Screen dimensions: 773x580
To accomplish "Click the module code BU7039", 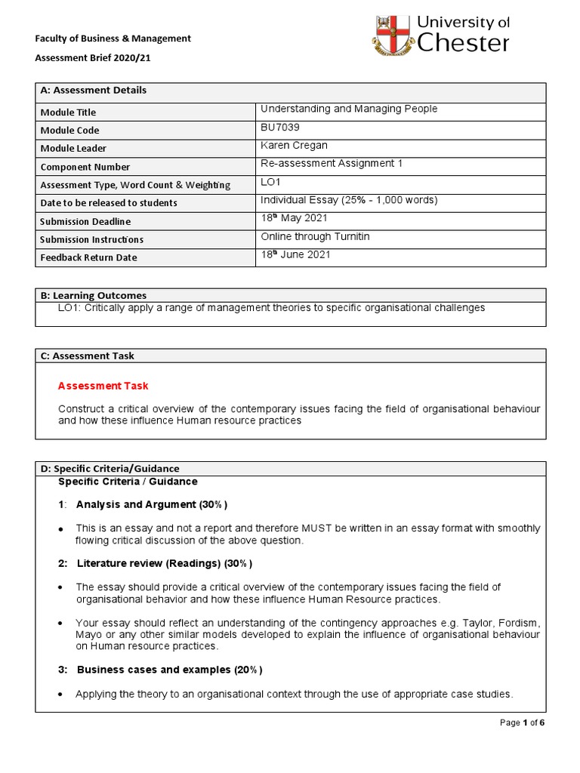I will coord(281,128).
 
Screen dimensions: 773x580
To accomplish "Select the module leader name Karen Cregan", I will coord(295,146).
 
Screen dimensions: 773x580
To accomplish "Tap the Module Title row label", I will coord(69,112).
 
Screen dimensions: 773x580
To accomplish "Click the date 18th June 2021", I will coord(295,255).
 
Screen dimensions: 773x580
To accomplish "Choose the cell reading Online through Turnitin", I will coord(315,237).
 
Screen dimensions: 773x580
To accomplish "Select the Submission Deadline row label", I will coord(85,221).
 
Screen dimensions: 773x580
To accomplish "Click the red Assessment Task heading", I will coord(103,386).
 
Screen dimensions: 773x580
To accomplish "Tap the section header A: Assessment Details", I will coord(94,91).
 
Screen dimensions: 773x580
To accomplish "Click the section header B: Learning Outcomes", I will coord(94,295).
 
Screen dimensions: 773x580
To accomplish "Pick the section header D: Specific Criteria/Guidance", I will coord(110,469).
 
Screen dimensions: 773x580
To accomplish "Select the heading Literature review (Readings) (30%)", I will coord(164,563).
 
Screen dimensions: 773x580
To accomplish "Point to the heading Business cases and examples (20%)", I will coord(169,670).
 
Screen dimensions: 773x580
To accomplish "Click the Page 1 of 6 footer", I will coord(522,722).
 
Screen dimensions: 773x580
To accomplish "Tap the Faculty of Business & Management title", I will coord(114,38).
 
